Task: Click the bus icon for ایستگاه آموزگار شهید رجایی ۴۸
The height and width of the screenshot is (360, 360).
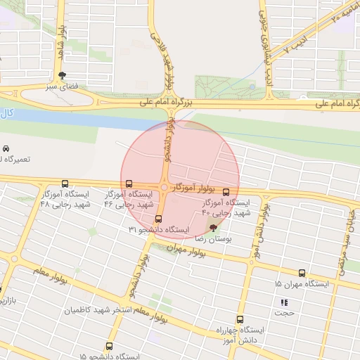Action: coord(65,182)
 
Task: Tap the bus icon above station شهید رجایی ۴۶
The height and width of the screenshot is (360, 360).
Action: coord(129,184)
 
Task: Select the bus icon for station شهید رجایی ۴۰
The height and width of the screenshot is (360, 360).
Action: coord(226,192)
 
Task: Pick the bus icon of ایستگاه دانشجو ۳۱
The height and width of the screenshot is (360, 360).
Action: coord(158,219)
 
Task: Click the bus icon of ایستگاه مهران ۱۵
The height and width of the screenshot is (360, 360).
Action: coord(302,273)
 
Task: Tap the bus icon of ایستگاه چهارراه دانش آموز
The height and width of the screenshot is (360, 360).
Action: coord(240,319)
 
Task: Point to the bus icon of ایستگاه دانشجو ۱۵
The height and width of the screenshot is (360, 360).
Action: coord(108,346)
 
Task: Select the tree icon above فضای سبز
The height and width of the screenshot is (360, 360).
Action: coord(63,76)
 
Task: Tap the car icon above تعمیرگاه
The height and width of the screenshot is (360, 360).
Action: coord(6,149)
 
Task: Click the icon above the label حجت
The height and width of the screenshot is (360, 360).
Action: coord(284,302)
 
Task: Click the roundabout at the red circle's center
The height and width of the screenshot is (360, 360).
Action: coord(164,188)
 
